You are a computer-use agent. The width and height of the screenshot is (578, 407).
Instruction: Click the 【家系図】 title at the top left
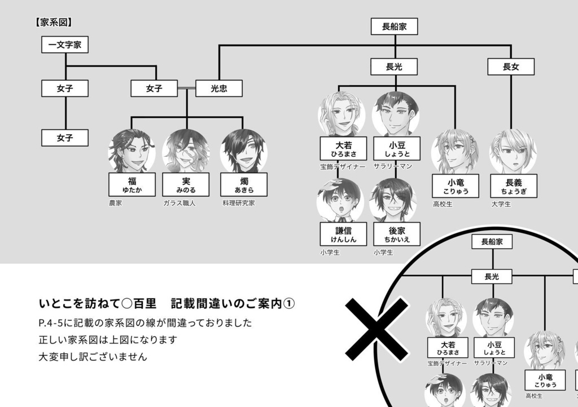54,23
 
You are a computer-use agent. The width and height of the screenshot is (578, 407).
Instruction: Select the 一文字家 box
65,45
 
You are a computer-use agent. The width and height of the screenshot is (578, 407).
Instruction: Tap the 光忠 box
219,89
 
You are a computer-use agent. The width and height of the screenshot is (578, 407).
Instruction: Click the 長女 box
511,67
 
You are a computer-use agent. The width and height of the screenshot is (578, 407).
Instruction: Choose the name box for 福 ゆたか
132,184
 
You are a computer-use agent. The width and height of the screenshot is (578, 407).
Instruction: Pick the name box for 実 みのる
186,184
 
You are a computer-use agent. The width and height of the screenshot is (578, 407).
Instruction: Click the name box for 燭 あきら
244,184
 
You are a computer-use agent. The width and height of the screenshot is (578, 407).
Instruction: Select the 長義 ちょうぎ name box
513,185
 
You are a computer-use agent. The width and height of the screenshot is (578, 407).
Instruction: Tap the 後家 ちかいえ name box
396,234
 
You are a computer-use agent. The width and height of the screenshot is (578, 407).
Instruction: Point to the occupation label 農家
116,203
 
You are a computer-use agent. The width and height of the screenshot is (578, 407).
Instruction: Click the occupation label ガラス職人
179,203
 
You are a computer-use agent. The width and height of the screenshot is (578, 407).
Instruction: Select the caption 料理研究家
238,203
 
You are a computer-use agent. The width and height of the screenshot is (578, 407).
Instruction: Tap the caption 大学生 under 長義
501,204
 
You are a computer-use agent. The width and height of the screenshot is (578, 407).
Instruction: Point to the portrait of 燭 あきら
244,151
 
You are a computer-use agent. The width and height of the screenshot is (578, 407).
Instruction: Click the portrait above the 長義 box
513,151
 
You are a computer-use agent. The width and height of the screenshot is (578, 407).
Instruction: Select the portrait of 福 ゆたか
132,151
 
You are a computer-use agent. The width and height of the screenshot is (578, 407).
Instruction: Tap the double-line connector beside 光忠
186,89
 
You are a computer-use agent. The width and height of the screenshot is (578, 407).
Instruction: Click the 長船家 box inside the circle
492,242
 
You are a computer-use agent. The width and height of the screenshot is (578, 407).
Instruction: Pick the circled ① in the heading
288,303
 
